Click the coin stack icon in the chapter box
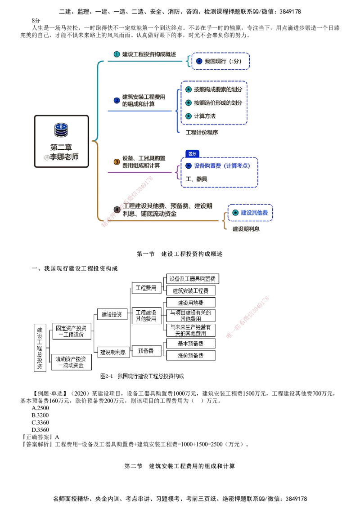point(61,130)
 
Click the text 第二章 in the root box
point(61,147)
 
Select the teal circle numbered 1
point(116,54)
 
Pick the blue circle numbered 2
point(116,100)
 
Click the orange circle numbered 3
point(116,161)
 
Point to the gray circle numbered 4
point(117,210)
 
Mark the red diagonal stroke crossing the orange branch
point(128,202)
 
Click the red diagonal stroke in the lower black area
point(247,317)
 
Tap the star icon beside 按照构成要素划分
point(189,89)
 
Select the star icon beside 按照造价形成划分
point(189,103)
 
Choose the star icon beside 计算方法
point(189,116)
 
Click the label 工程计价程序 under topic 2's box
point(202,133)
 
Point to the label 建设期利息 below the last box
point(245,229)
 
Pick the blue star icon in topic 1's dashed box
point(199,61)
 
